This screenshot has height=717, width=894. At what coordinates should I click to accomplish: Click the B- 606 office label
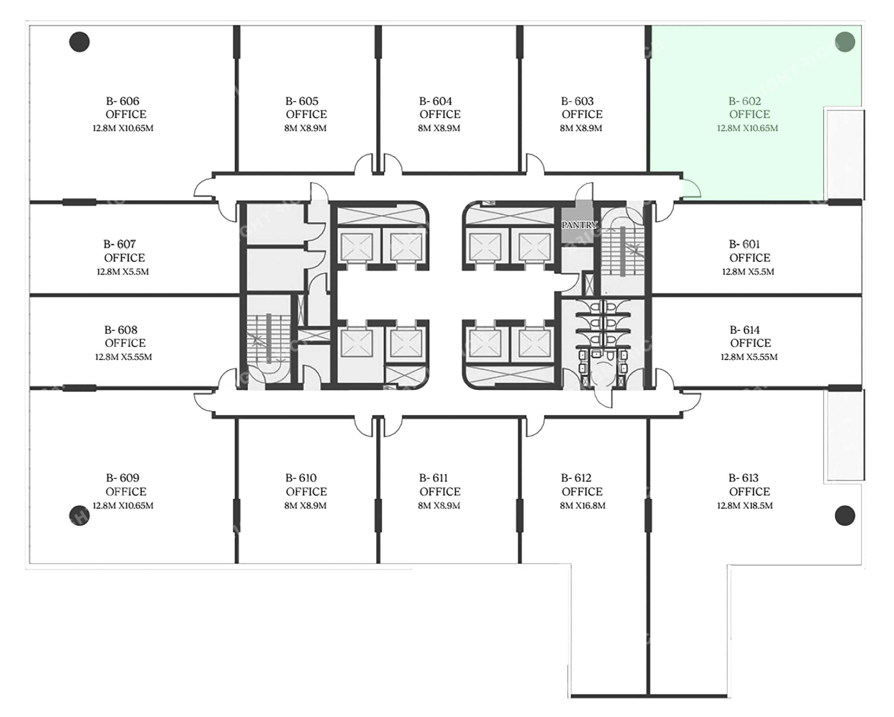(x=123, y=101)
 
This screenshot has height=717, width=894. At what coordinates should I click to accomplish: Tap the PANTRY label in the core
(x=579, y=225)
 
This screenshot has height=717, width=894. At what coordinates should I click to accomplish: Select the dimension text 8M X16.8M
(x=582, y=505)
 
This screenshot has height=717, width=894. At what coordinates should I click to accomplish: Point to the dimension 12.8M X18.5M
(x=745, y=505)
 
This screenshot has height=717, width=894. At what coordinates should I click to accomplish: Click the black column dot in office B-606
(x=79, y=42)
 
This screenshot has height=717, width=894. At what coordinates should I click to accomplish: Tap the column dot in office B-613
(x=845, y=516)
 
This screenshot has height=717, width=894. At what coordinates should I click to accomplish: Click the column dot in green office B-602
(x=845, y=42)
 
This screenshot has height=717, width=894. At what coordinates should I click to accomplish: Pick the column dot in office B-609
(x=79, y=516)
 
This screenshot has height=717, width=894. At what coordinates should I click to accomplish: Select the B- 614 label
(x=745, y=330)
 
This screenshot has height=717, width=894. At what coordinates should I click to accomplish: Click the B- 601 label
(x=744, y=244)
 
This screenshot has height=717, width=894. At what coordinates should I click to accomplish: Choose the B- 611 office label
(x=433, y=478)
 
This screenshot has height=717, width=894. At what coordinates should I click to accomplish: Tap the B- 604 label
(x=435, y=101)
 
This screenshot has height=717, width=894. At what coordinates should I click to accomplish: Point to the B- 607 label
(x=119, y=244)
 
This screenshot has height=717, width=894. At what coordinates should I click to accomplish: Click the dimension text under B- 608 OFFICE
(x=123, y=357)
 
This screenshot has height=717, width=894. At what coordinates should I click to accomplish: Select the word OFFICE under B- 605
(x=306, y=114)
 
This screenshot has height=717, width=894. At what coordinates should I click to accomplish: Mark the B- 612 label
(x=576, y=478)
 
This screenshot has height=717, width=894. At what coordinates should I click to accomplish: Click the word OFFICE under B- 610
(x=306, y=492)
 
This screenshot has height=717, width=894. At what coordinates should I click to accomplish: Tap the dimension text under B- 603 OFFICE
(x=581, y=128)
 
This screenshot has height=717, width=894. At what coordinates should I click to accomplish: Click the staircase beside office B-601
(x=623, y=251)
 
